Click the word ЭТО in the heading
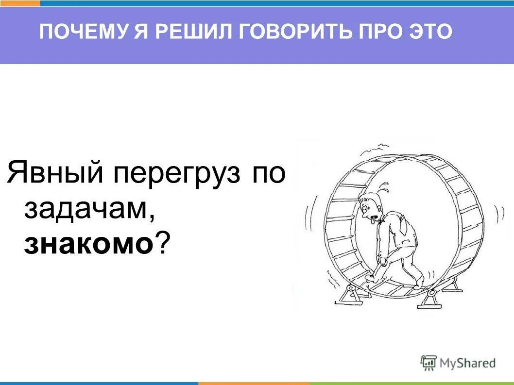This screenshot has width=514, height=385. tap(431, 32)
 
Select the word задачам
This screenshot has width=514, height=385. tap(90, 210)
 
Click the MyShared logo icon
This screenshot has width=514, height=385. tap(428, 362)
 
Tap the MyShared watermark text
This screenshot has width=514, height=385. tap(467, 363)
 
